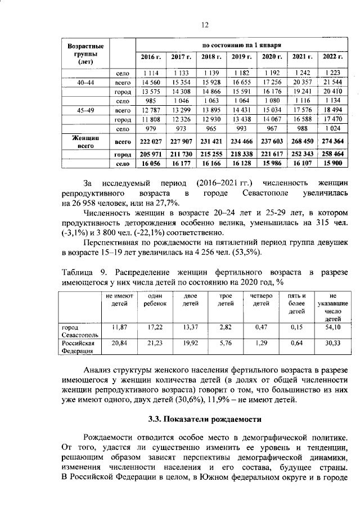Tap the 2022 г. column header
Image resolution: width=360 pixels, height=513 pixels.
click(332, 57)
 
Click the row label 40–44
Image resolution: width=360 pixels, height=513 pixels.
click(85, 83)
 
